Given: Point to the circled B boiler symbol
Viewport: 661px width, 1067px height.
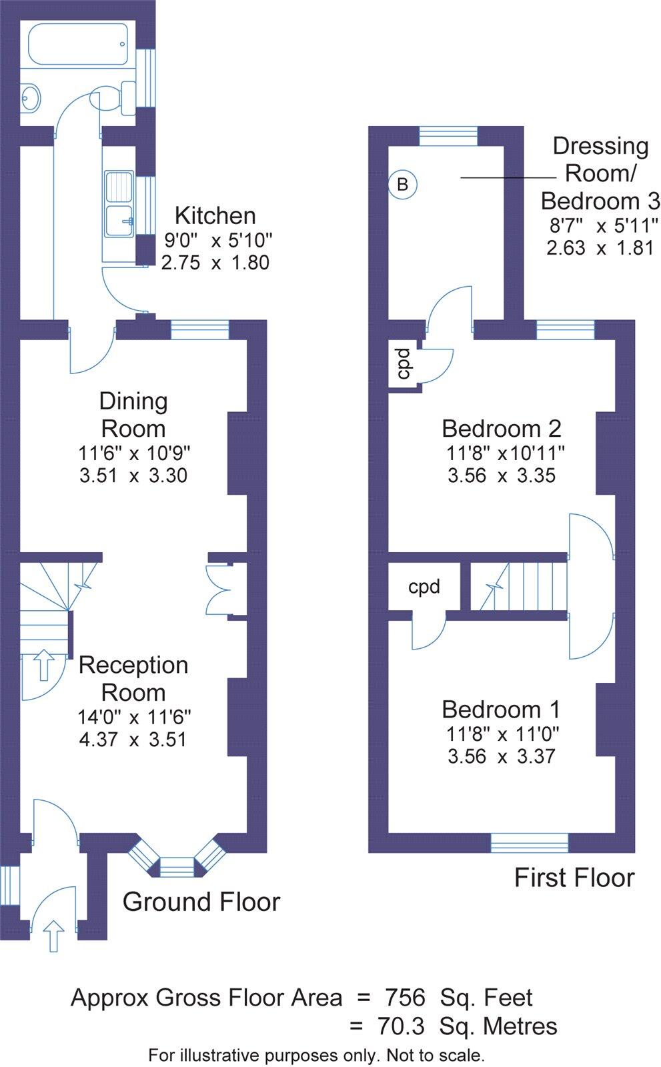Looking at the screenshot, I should [402, 183].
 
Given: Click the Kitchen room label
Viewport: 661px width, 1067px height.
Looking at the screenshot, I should [215, 215].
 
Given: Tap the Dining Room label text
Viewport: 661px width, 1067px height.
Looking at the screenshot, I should [133, 414].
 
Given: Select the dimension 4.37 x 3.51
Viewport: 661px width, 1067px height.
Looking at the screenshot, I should [132, 740].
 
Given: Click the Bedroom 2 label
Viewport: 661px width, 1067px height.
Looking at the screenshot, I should [501, 427].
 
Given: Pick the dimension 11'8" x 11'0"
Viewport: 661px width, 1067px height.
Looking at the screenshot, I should [502, 734].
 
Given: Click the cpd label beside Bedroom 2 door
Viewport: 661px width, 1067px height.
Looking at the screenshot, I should [403, 363].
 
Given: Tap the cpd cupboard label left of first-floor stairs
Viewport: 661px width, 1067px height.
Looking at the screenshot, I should [424, 587].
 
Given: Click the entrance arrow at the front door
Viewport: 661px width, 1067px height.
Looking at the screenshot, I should [53, 935].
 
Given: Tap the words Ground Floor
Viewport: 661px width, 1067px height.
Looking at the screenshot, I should [201, 902].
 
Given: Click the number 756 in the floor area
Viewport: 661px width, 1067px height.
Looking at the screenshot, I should [405, 998].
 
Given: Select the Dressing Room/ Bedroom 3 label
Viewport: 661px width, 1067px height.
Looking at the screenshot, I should [600, 173].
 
